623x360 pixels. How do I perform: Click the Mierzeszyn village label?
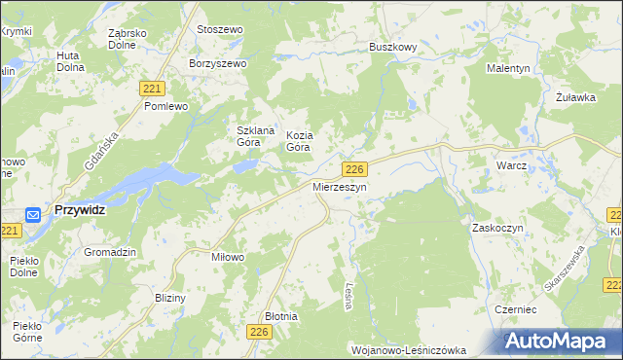340,186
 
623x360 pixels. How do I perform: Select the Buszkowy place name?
393,47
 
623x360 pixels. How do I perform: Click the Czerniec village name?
516,307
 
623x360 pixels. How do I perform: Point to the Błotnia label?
281,316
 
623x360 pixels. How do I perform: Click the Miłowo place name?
228,257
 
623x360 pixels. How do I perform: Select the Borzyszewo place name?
219,63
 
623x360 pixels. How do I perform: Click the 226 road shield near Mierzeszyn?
354,168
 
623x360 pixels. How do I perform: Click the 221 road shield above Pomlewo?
151,88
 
